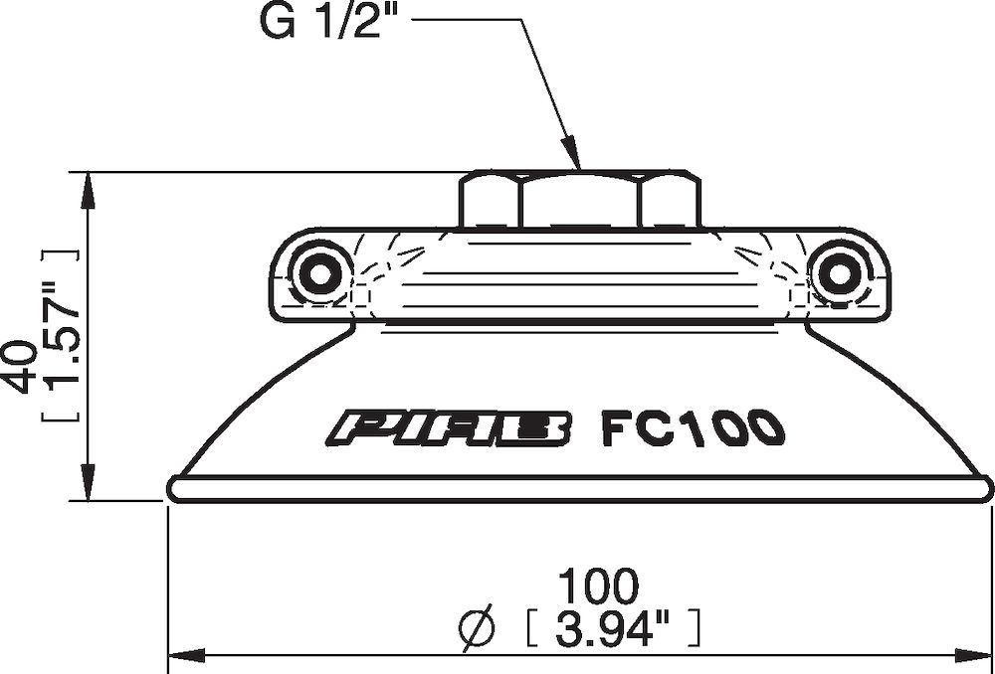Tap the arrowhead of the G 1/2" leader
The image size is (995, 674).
574,160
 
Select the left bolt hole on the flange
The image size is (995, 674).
319,270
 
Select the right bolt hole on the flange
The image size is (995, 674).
837,270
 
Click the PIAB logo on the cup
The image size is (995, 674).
451,428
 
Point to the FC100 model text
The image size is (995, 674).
694,428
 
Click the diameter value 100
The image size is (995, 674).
596,586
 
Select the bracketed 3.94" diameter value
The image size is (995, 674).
614,627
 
